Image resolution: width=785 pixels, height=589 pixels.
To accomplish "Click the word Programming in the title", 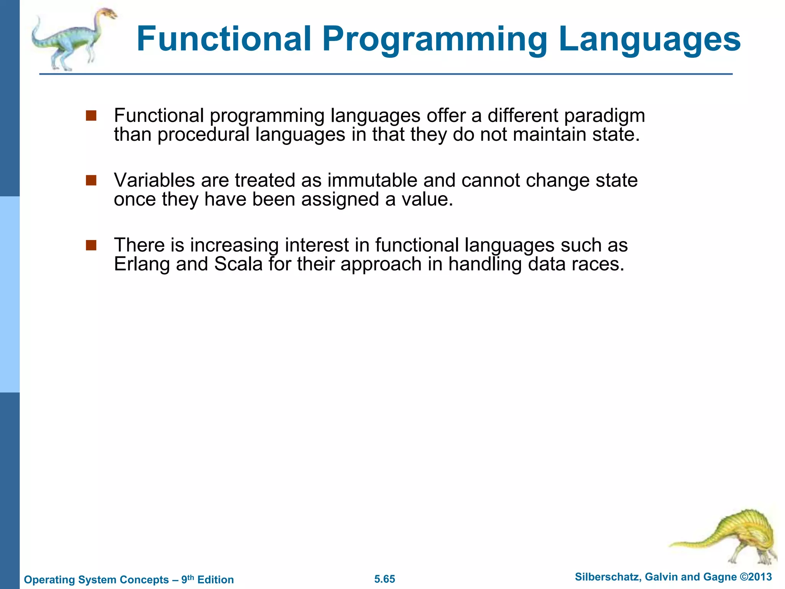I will coord(435,40).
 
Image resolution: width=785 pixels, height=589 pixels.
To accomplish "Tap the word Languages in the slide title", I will coord(649,40).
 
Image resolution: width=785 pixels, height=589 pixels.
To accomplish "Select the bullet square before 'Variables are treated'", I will coord(91,180).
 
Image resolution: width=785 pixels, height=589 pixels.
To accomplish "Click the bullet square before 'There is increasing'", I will coord(91,245).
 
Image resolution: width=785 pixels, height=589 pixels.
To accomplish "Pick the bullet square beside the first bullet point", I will coord(91,115).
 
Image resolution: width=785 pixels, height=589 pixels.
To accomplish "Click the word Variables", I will coord(154,180).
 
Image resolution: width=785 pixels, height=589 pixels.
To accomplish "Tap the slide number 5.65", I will coord(384,579).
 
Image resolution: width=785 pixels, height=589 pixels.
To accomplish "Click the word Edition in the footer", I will coord(215,579).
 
